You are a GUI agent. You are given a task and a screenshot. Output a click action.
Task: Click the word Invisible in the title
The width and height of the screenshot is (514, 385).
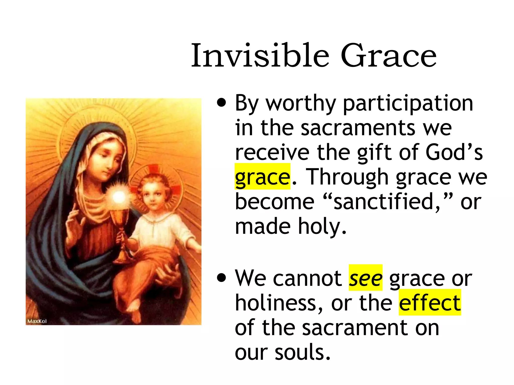[x=260, y=56]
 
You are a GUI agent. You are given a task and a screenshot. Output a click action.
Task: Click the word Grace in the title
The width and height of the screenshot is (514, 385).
[x=389, y=56]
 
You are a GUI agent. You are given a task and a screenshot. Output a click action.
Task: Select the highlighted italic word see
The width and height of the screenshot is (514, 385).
[x=365, y=278]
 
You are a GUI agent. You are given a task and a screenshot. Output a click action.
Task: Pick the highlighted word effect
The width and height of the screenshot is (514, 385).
[x=430, y=303]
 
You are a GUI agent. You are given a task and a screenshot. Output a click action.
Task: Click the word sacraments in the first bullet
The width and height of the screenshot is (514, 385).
[x=358, y=128]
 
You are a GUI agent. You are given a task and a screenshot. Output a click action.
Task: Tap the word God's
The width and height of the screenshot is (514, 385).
[x=454, y=152]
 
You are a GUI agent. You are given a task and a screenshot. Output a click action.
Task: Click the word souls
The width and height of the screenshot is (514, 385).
[x=302, y=352]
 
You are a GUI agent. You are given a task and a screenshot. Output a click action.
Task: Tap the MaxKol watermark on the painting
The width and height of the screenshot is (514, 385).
[x=37, y=321]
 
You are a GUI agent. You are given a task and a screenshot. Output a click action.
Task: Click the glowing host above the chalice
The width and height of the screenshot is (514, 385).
[x=119, y=197]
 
